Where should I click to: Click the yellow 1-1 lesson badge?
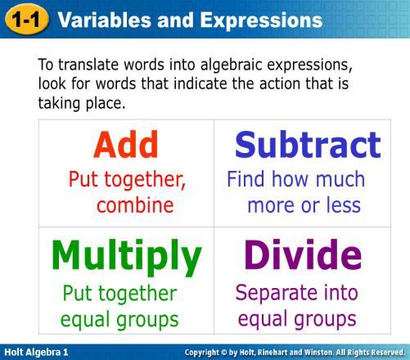[x=26, y=20]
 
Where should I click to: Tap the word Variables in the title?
[x=105, y=20]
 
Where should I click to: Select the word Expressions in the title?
[x=261, y=20]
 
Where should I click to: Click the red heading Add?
[x=126, y=144]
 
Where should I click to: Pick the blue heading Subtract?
[x=308, y=144]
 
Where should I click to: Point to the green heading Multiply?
[x=127, y=257]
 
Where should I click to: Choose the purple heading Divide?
[x=303, y=254]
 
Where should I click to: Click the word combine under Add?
[x=135, y=205]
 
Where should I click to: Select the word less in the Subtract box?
[x=344, y=205]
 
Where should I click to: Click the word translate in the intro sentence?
[x=88, y=65]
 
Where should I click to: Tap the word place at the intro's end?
[x=106, y=104]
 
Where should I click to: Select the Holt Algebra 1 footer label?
[x=36, y=352]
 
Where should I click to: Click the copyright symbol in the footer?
[x=223, y=353]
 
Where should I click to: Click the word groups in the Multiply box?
[x=147, y=320]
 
